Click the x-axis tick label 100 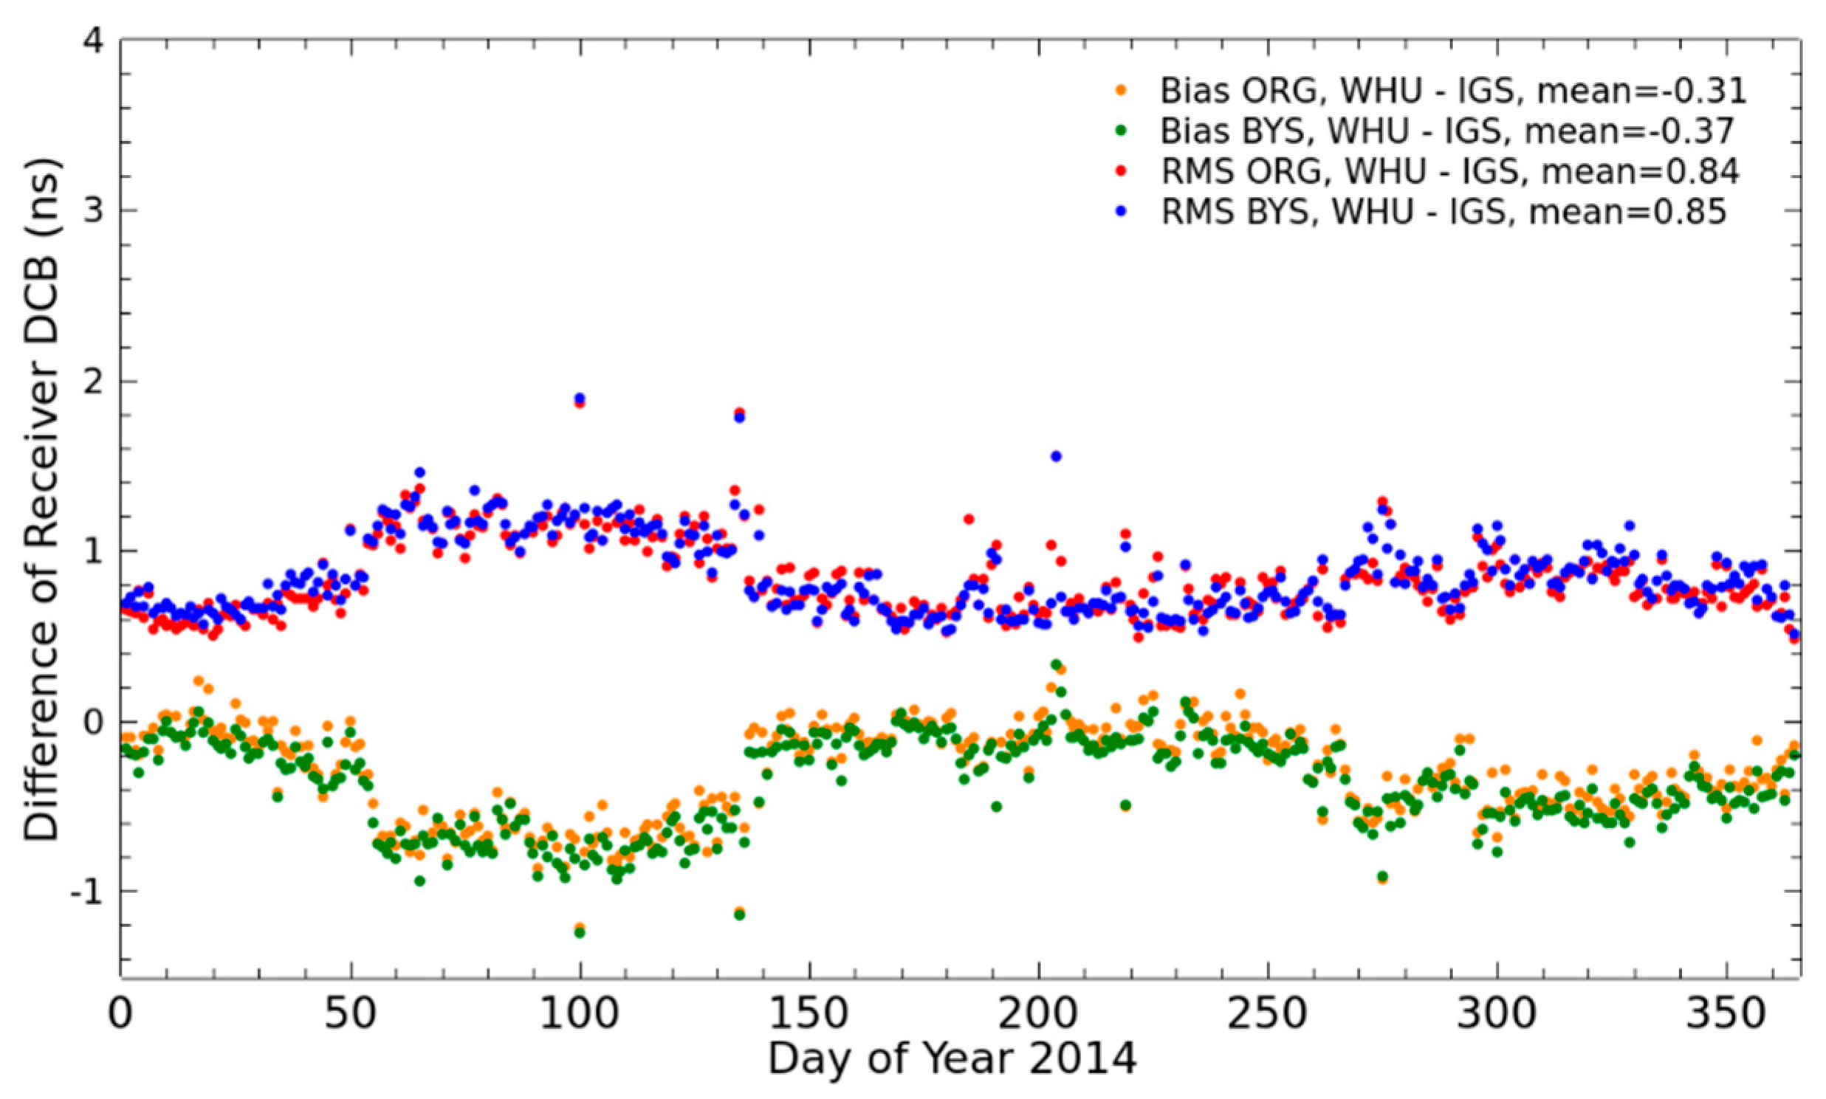click(580, 1014)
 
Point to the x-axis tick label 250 click(1268, 1014)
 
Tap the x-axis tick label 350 click(1726, 1014)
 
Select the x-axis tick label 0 click(121, 1014)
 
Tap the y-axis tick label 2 click(93, 381)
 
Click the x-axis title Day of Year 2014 click(951, 1060)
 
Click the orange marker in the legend click(1121, 90)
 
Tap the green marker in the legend click(1121, 131)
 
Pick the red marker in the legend click(1121, 172)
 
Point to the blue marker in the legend click(1121, 213)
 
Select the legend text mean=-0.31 click(1630, 90)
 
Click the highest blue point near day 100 click(580, 399)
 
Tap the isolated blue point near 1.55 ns click(1057, 456)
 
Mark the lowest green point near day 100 click(580, 932)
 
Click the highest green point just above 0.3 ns click(1057, 664)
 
